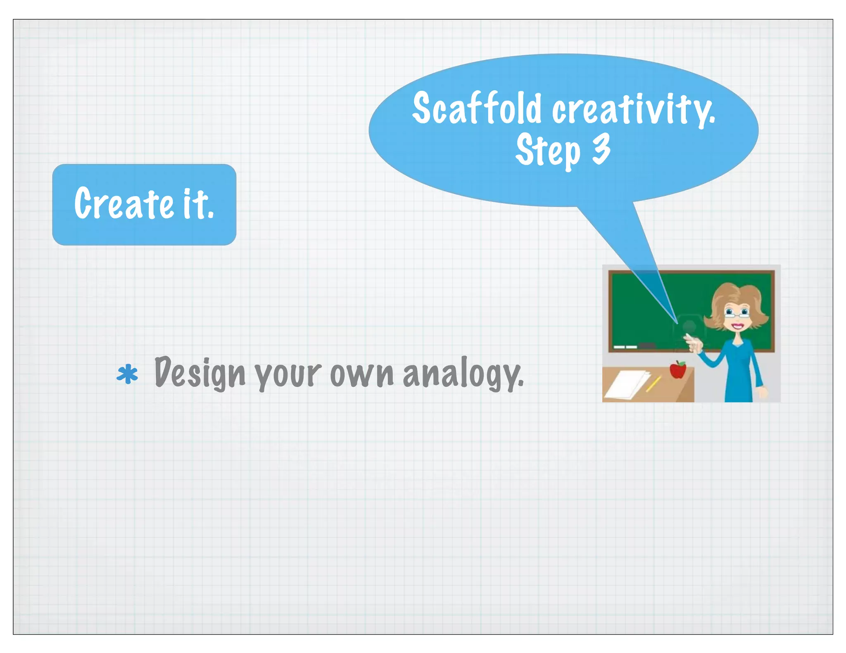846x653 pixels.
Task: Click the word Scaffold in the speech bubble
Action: [x=477, y=108]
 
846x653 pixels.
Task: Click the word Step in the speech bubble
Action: [x=548, y=151]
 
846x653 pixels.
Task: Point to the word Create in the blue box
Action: [x=124, y=203]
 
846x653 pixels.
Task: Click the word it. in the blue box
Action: [x=198, y=203]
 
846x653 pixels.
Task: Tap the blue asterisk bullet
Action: [x=127, y=374]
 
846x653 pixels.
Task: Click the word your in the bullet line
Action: [x=288, y=375]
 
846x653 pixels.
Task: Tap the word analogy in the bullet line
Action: [x=463, y=374]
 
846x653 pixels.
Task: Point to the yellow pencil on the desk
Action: [x=654, y=384]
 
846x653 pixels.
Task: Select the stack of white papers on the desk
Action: [x=628, y=384]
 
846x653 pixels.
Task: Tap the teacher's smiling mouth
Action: [x=737, y=326]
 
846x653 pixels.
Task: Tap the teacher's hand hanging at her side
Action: [x=763, y=392]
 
